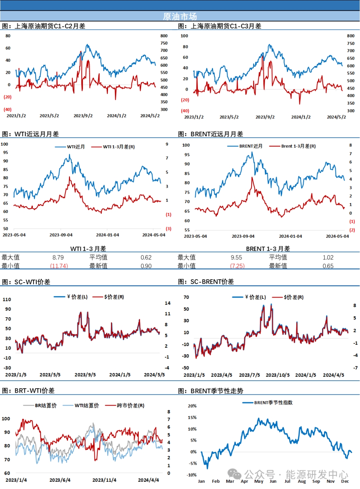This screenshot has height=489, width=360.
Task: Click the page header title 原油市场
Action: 180,16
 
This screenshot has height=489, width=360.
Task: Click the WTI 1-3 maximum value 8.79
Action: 58,257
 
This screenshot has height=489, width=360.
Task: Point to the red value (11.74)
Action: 59,266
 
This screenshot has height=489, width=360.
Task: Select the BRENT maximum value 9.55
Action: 236,257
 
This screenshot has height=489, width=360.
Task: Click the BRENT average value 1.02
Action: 328,257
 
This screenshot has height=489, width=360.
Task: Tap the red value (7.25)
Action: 237,266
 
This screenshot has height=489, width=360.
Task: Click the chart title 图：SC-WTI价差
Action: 26,282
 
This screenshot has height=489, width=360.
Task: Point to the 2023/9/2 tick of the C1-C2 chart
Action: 83,116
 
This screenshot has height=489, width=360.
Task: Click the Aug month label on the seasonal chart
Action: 302,481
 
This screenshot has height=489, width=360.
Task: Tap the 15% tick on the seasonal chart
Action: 192,417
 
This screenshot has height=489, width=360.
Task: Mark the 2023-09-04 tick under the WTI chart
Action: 61,235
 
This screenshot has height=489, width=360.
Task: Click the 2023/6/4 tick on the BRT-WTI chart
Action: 60,480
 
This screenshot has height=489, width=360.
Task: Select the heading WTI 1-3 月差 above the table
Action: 88,249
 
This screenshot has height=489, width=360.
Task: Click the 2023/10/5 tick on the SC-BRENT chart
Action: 278,375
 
